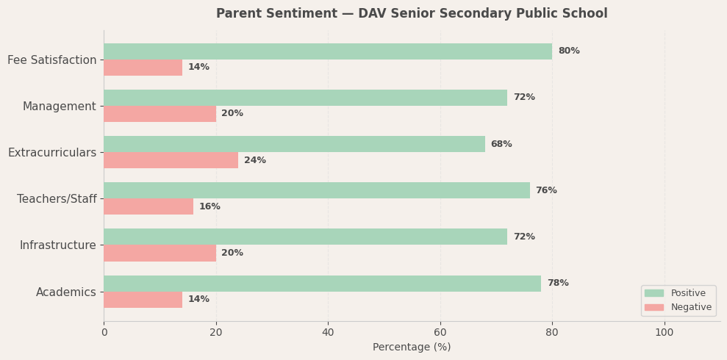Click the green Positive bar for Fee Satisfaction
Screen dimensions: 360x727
pyautogui.click(x=327, y=51)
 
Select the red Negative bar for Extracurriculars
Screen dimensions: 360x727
pyautogui.click(x=171, y=160)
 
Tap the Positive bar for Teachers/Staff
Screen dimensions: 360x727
pyautogui.click(x=316, y=190)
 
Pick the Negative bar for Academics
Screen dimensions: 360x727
pyautogui.click(x=143, y=300)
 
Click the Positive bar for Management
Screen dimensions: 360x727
pyautogui.click(x=305, y=98)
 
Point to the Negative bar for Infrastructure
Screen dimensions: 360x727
pyautogui.click(x=160, y=253)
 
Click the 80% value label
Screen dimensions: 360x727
pyautogui.click(x=569, y=51)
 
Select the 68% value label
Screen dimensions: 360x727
pyautogui.click(x=501, y=144)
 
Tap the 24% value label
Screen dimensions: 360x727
pyautogui.click(x=255, y=160)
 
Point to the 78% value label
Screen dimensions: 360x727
pyautogui.click(x=558, y=284)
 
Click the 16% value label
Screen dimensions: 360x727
pyautogui.click(x=209, y=206)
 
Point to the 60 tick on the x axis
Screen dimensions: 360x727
pyautogui.click(x=440, y=332)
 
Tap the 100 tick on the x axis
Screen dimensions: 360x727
pyautogui.click(x=665, y=332)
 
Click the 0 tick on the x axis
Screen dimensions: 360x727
pyautogui.click(x=104, y=332)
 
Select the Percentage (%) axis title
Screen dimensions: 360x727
pyautogui.click(x=412, y=348)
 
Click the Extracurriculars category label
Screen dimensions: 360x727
pyautogui.click(x=52, y=153)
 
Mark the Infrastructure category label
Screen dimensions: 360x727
pyautogui.click(x=58, y=245)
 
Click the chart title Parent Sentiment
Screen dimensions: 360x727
pyautogui.click(x=412, y=14)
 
